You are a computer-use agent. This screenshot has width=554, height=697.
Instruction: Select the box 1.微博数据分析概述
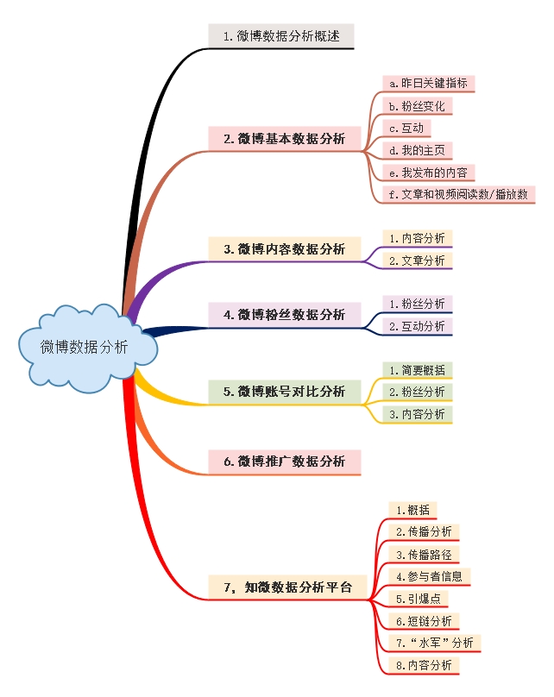click(281, 36)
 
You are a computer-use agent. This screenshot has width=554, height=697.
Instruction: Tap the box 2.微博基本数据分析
click(284, 138)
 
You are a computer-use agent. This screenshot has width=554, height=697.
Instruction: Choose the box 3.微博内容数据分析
click(284, 248)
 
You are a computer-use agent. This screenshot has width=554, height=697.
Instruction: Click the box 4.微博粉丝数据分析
click(284, 315)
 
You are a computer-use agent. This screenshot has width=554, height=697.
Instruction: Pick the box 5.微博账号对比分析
click(284, 391)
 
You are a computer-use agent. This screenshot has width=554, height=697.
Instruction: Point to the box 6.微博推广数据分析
click(284, 462)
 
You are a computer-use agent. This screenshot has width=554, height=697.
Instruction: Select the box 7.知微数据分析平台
click(287, 587)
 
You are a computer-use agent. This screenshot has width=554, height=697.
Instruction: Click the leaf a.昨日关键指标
click(429, 84)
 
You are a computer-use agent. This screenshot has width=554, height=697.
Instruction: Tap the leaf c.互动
click(406, 128)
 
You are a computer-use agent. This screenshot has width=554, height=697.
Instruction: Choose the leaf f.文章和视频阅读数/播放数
click(458, 194)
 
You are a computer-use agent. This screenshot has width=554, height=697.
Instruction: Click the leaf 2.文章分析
click(418, 260)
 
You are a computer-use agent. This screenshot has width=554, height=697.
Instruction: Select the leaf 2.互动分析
click(418, 326)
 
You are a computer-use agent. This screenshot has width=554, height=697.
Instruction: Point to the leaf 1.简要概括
click(418, 370)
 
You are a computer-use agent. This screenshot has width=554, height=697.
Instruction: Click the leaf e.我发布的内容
click(429, 172)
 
